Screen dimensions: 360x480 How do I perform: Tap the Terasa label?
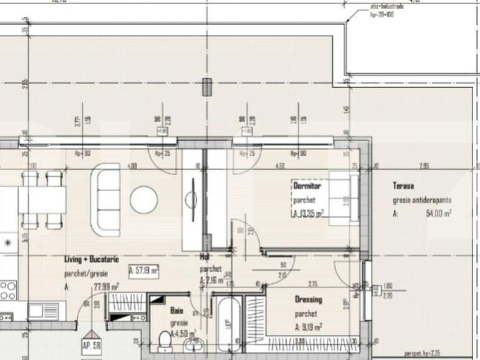[403, 185]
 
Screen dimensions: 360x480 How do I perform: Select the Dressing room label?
[309, 300]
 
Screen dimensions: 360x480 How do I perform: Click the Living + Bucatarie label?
[92, 258]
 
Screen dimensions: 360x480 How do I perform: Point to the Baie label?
[176, 310]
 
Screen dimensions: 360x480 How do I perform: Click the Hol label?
[203, 256]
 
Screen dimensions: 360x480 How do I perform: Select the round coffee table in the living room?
[143, 199]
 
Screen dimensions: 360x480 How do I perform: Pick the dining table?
[42, 199]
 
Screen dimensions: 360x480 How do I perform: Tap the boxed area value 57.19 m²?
[143, 271]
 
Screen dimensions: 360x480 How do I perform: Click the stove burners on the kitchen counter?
[7, 290]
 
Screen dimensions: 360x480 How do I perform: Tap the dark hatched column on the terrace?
[205, 87]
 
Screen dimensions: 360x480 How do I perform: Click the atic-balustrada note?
[386, 7]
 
